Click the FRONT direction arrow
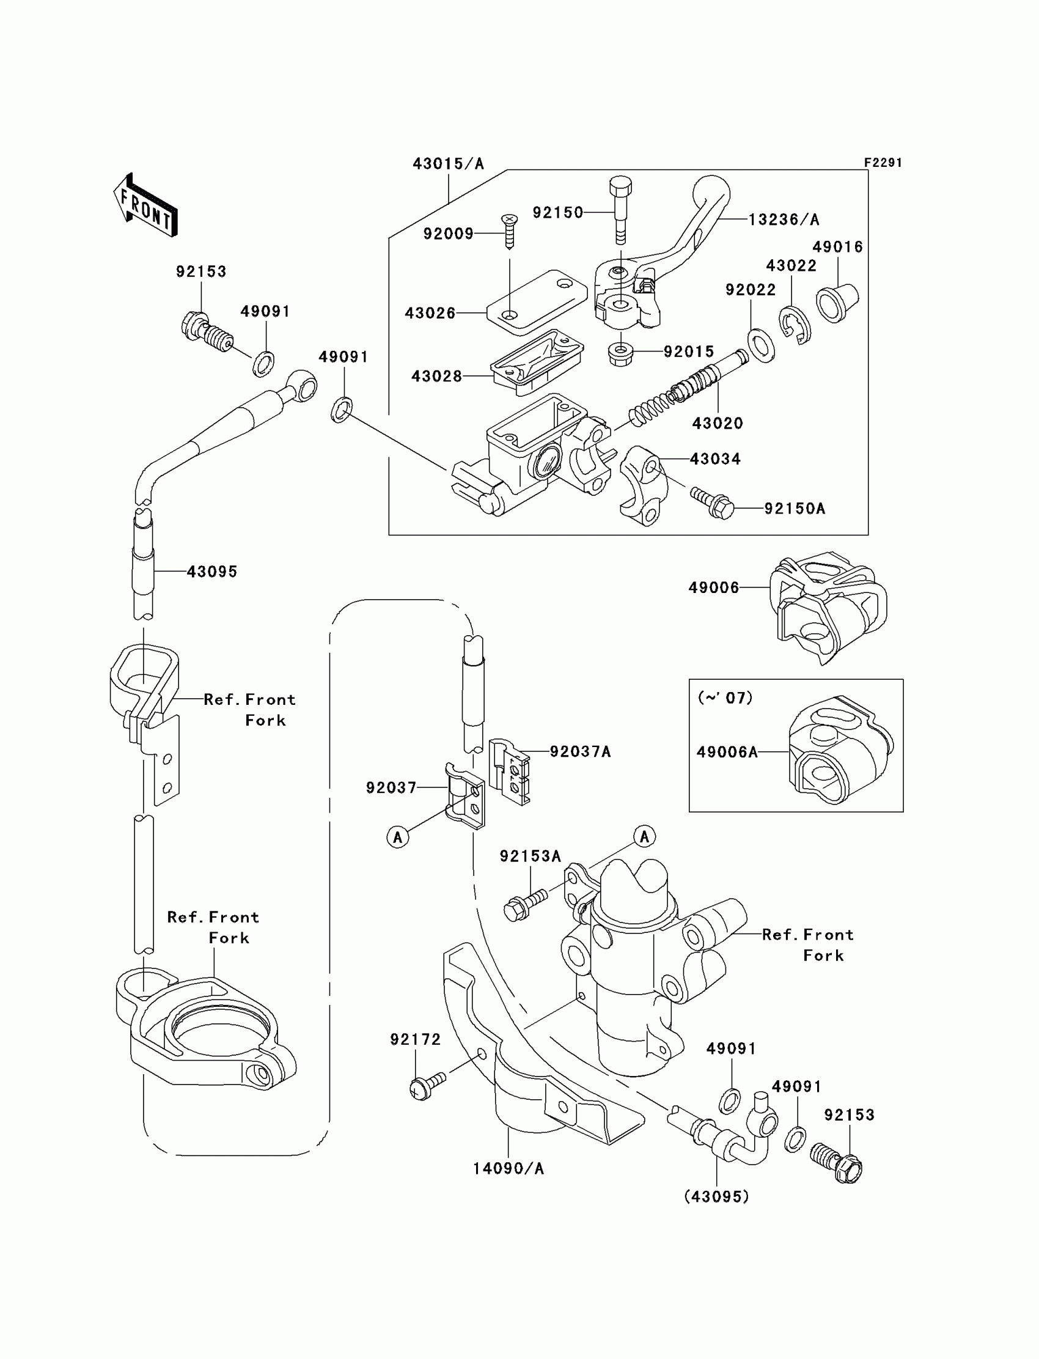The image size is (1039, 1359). [146, 205]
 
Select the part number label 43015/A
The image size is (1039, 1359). [449, 164]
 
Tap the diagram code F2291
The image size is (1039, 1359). [883, 163]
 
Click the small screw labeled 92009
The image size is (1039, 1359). [510, 231]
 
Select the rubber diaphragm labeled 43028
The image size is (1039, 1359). [537, 361]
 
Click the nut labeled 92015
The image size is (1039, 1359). [620, 355]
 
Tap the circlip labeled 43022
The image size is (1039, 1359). [795, 325]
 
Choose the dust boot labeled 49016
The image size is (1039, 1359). [838, 303]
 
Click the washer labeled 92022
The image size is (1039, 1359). [761, 346]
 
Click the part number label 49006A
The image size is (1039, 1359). [727, 752]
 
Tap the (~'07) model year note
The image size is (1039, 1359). [725, 698]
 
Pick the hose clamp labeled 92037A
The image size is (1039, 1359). [510, 772]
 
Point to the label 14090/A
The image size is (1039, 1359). [508, 1168]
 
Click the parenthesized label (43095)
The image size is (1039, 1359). [717, 1197]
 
